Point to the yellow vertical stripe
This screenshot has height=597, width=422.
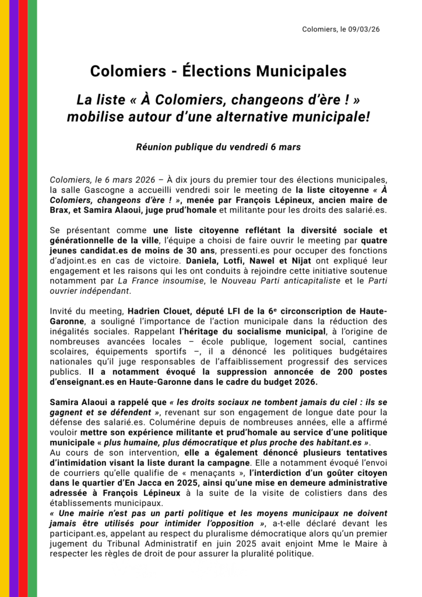(x=5, y=298)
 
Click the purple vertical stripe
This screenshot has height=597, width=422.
(x=14, y=298)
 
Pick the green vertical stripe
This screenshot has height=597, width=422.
(x=33, y=298)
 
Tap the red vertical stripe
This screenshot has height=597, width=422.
(x=23, y=298)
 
